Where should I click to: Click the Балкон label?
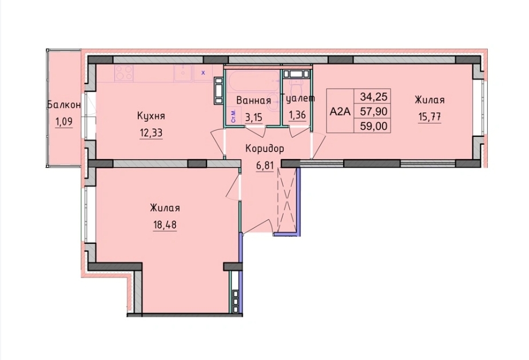[x=63, y=105]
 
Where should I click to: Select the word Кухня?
[x=151, y=116]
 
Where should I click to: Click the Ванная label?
[x=253, y=101]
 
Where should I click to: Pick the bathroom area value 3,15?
[x=253, y=116]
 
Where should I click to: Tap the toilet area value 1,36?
[x=297, y=115]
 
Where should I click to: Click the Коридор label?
[x=264, y=148]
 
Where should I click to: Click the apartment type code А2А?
[x=340, y=111]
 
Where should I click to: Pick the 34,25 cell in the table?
[x=372, y=96]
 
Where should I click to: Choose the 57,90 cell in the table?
[x=372, y=111]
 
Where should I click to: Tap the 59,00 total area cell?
[x=372, y=126]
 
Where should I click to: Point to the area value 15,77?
[x=429, y=116]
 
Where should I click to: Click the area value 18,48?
[x=164, y=224]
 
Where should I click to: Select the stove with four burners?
[x=124, y=73]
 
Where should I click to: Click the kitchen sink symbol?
[x=183, y=73]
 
